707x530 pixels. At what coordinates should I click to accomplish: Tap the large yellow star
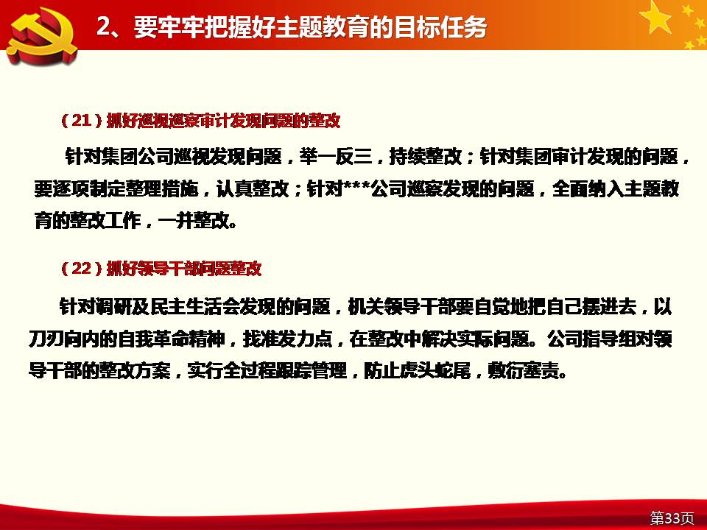[656, 17]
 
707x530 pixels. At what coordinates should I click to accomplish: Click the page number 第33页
[672, 517]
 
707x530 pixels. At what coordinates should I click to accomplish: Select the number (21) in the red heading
[82, 120]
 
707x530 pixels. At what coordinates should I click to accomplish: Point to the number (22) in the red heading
[82, 268]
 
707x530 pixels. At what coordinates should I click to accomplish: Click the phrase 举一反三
[336, 156]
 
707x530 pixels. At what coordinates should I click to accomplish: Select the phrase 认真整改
[253, 189]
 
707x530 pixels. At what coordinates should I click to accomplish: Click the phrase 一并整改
[194, 221]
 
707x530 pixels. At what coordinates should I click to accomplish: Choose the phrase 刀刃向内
[64, 339]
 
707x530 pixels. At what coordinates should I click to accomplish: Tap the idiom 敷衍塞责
[524, 371]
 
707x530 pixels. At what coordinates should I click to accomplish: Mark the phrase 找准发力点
[288, 339]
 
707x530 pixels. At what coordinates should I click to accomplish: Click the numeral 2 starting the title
[103, 27]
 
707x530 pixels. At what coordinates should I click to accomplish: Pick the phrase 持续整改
[425, 156]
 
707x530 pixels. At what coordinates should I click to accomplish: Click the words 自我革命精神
[172, 339]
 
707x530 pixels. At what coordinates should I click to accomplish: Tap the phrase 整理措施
[161, 189]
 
